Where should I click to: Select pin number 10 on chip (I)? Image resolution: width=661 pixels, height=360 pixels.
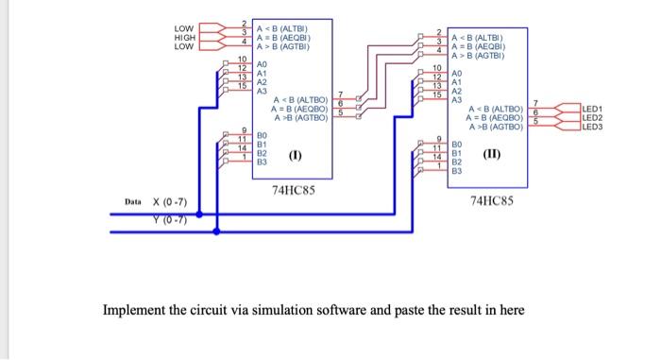[x=242, y=60]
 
